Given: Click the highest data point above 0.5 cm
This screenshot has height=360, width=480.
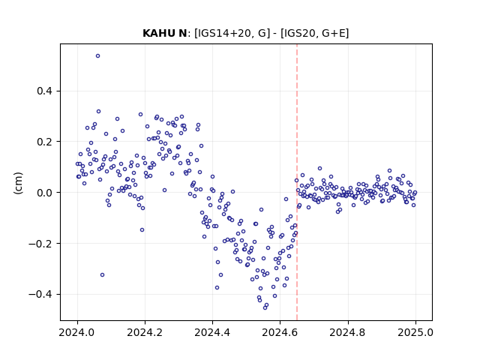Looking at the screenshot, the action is click(98, 56).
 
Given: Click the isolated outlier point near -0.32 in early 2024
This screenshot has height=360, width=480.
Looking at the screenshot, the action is click(102, 275).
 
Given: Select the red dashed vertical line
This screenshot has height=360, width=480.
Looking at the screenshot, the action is click(297, 182).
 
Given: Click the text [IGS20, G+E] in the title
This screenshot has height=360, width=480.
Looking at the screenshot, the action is click(314, 33).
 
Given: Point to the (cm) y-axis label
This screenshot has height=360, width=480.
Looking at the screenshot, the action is click(18, 183).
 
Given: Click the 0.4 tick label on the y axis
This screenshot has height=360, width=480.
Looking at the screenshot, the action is click(45, 91).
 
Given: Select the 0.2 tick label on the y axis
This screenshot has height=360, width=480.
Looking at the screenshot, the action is click(45, 142).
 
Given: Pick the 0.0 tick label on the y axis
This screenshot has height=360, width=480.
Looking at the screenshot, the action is click(45, 193).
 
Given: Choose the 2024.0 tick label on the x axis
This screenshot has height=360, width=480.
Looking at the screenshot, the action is click(76, 332).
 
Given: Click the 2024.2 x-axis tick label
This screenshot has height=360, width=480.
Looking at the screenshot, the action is click(145, 332).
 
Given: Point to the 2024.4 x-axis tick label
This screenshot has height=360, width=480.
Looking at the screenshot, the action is click(212, 332).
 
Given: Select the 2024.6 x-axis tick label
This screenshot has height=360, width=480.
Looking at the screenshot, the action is click(280, 332).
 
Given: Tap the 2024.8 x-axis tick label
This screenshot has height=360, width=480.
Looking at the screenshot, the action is click(347, 332).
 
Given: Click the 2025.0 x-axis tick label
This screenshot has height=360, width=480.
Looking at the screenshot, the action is click(415, 332).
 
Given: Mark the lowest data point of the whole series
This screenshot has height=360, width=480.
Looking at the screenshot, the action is click(265, 307).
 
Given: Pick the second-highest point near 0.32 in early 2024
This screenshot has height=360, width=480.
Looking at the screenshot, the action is click(98, 112).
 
